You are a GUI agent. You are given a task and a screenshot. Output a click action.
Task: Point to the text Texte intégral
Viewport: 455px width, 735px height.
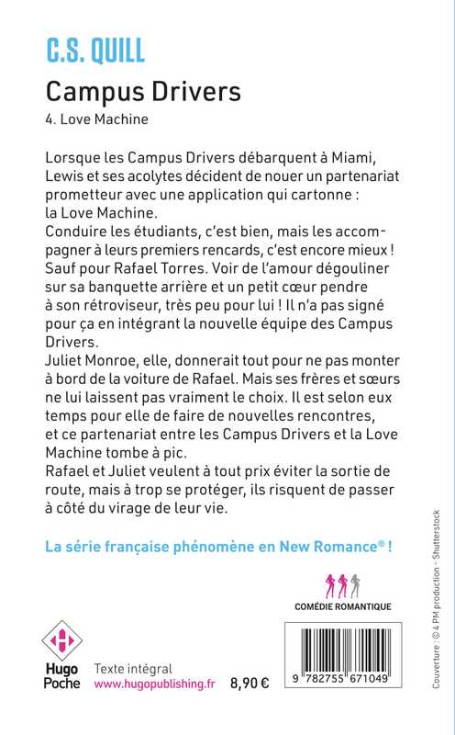click(x=134, y=669)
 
